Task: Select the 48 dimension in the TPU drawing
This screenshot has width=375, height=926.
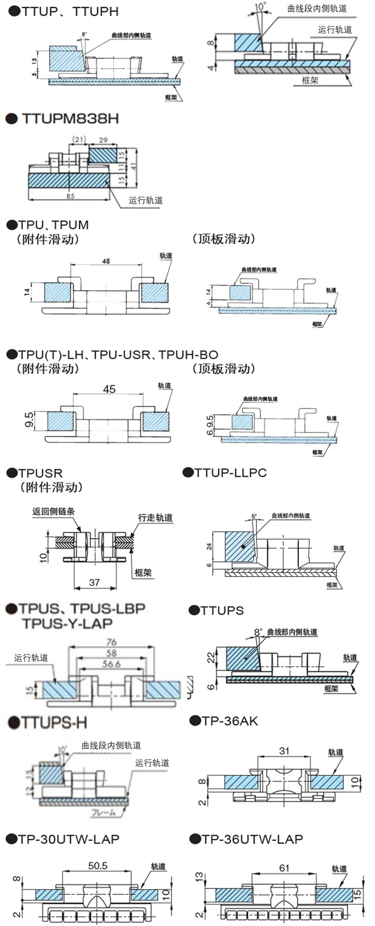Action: tap(106, 261)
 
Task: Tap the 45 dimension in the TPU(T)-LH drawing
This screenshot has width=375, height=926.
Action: tap(108, 389)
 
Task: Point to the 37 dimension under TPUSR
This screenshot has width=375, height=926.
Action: tap(94, 583)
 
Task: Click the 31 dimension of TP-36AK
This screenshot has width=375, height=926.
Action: tap(284, 751)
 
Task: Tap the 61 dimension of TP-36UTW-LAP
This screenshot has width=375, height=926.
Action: tap(284, 867)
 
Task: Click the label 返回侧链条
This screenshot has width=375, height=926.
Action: tap(54, 511)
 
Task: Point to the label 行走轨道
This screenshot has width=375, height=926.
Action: tap(155, 518)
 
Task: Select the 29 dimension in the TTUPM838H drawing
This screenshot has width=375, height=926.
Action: tap(104, 140)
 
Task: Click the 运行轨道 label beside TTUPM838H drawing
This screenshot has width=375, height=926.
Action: tap(146, 200)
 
